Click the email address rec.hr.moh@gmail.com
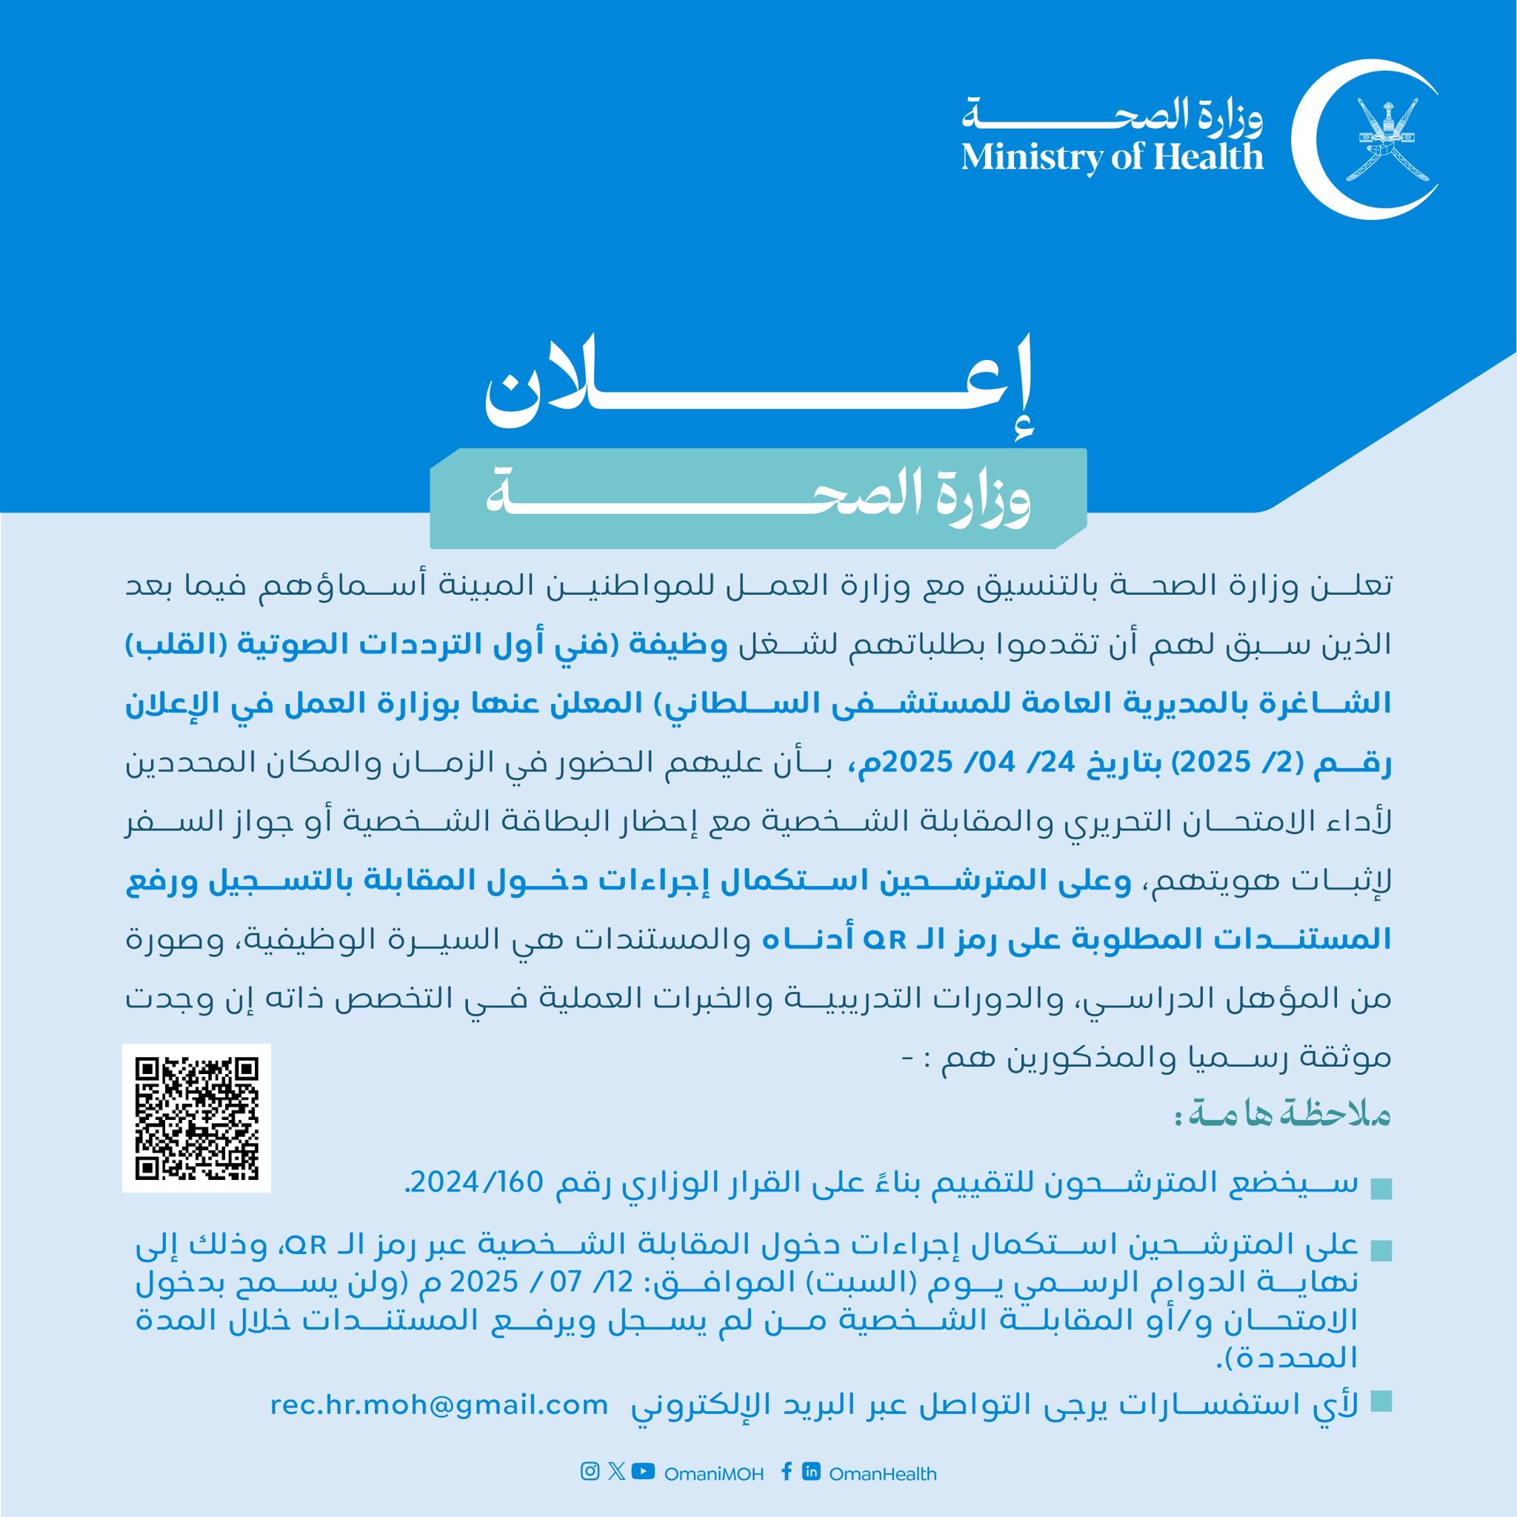tap(439, 1404)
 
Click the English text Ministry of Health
tap(1112, 156)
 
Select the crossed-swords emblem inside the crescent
tap(1387, 139)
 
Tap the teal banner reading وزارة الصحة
tap(758, 499)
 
